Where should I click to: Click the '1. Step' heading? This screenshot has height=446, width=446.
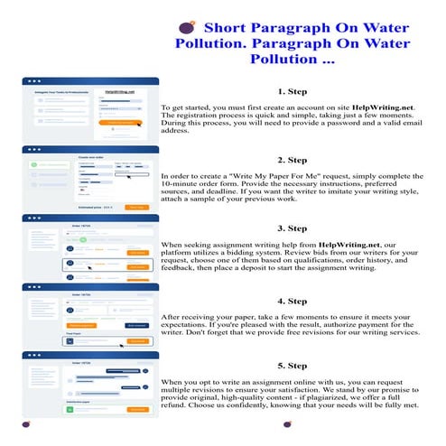pos(293,91)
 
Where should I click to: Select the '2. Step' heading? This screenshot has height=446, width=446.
pos(293,159)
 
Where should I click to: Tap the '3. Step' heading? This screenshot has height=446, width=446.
pos(293,228)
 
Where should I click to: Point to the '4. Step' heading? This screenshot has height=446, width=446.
pos(293,300)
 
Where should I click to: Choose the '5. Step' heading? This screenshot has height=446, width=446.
pos(293,365)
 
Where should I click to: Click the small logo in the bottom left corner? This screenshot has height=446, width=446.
pos(23,424)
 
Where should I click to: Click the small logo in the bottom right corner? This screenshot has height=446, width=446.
pos(422,424)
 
